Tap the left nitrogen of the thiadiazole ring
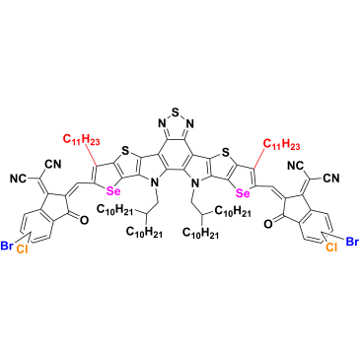click(x=162, y=124)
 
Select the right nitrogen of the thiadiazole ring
click(x=190, y=124)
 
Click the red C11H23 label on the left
click(x=82, y=140)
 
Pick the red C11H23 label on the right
click(x=282, y=144)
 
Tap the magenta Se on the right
click(x=244, y=193)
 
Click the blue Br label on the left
click(x=6, y=246)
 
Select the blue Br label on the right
click(x=352, y=243)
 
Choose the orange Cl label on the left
click(x=22, y=250)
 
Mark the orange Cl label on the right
click(x=331, y=247)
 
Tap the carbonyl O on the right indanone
click(x=268, y=224)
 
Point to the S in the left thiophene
click(x=124, y=151)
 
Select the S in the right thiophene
click(x=225, y=153)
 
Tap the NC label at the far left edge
click(x=18, y=179)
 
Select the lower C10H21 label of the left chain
click(x=144, y=233)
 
